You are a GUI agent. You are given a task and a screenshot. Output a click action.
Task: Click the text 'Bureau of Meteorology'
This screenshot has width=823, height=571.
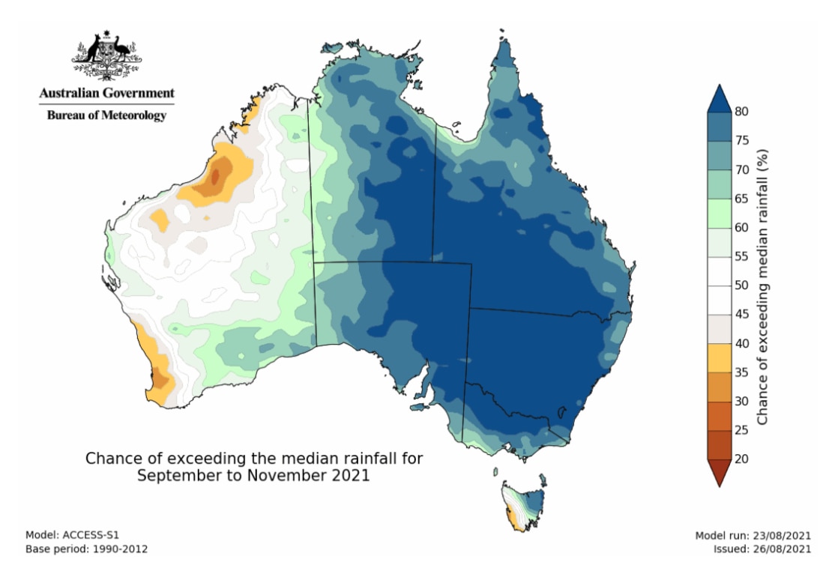tap(106, 115)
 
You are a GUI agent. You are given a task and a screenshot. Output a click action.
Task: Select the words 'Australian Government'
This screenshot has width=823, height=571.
tap(106, 94)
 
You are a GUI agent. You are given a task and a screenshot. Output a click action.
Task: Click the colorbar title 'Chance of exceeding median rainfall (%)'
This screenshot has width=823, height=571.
tap(762, 285)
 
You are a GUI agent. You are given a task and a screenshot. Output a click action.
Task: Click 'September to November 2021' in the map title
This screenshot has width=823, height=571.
tap(253, 476)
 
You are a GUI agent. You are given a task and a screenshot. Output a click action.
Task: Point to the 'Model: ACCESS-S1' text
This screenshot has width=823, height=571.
tap(72, 535)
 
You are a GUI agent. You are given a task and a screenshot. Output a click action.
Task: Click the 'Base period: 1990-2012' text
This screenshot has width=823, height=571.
tap(86, 549)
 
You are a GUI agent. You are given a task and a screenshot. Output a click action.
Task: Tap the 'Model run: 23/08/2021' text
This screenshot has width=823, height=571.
tap(753, 535)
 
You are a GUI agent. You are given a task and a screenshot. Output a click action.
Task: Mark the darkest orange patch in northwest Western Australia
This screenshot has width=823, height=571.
tap(216, 177)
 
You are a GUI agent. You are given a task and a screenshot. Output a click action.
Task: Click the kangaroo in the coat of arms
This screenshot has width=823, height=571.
tap(92, 49)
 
